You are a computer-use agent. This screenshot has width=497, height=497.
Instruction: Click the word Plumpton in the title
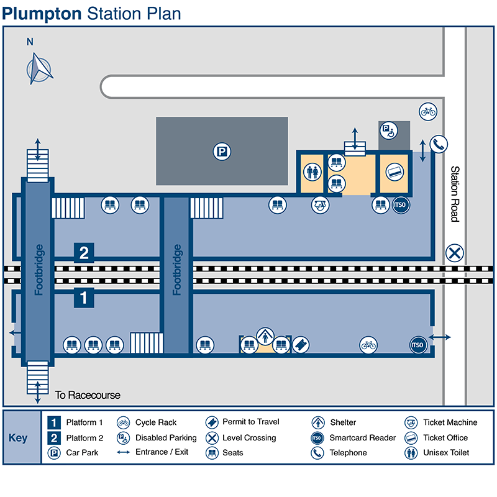[x=42, y=13]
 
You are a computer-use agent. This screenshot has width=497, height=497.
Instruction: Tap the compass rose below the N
[x=40, y=68]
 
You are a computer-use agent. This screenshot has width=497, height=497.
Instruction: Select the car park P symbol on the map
[x=222, y=151]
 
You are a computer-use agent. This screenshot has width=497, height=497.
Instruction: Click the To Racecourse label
[x=88, y=395]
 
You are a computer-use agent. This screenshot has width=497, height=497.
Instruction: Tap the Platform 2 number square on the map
[x=84, y=253]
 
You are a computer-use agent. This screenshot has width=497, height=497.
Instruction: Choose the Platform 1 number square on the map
[x=84, y=298]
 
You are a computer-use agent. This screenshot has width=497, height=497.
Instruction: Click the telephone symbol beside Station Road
[x=439, y=144]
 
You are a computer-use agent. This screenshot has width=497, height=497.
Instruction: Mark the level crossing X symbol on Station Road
[x=455, y=253]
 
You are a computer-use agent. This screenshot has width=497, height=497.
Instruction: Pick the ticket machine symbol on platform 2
[x=320, y=204]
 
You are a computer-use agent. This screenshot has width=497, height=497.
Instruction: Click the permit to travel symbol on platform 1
[x=300, y=344]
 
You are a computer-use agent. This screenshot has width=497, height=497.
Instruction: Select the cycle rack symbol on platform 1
[x=368, y=344]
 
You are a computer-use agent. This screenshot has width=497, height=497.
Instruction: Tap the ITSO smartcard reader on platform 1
[x=417, y=344]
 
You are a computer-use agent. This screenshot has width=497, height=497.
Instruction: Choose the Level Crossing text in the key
[x=249, y=437]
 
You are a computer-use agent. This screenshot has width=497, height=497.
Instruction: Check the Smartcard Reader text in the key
[x=362, y=437]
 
